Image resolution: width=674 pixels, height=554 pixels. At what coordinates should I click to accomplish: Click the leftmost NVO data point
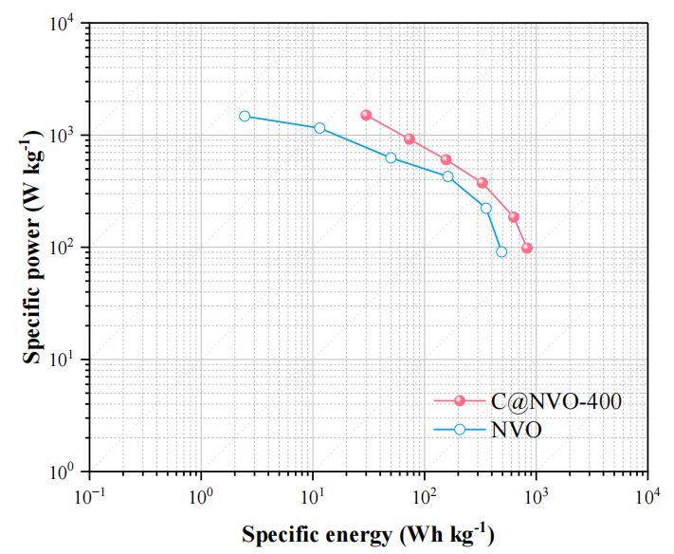tap(245, 116)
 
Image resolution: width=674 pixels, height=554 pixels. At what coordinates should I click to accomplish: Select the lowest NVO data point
tap(501, 251)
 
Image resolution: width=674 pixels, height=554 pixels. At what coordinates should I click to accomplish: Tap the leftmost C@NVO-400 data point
tap(366, 115)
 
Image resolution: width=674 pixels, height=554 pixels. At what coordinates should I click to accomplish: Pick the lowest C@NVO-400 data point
tap(527, 248)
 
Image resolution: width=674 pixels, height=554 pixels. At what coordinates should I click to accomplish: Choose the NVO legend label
tap(520, 429)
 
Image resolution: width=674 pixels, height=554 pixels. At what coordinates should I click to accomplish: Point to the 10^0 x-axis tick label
tap(200, 496)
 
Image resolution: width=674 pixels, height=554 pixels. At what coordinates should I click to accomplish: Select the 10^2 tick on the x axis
tap(424, 496)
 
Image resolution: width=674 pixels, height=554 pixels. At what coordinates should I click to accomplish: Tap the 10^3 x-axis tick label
tap(536, 496)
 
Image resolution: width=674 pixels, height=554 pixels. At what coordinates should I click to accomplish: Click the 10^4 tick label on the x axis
tap(647, 496)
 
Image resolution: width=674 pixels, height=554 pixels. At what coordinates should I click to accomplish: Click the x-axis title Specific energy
tap(368, 534)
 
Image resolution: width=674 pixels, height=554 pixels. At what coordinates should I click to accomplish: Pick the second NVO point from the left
tap(319, 128)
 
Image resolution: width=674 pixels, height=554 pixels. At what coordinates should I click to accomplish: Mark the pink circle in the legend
tap(460, 401)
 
